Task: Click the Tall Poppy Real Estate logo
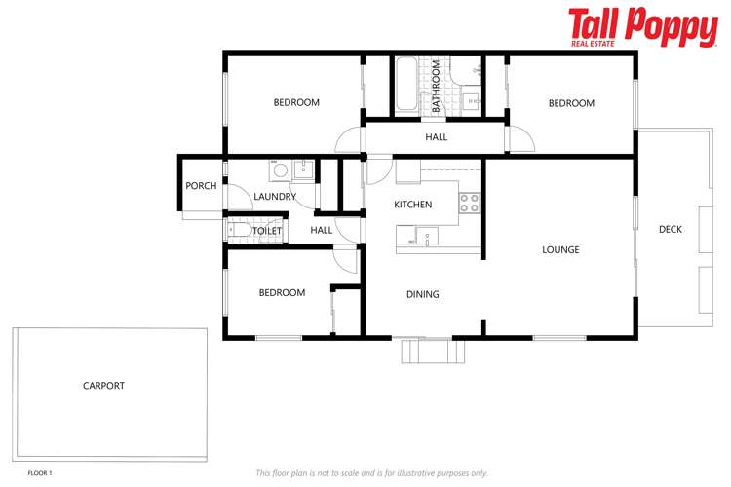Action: click(642, 27)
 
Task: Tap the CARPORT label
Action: click(103, 386)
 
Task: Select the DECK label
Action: click(671, 230)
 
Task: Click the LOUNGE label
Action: click(560, 250)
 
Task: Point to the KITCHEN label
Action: click(412, 205)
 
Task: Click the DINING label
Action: click(422, 294)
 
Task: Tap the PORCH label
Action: click(201, 186)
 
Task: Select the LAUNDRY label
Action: click(275, 197)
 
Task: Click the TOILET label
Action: click(267, 231)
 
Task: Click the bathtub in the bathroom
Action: click(405, 86)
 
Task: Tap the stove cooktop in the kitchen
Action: click(469, 203)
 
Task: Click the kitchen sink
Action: click(427, 234)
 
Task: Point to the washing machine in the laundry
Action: click(280, 170)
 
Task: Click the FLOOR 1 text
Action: click(40, 473)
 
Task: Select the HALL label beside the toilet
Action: click(322, 231)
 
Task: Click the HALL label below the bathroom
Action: click(436, 137)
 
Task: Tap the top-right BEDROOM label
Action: click(571, 103)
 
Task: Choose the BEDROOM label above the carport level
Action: click(282, 293)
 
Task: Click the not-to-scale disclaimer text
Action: click(371, 473)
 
